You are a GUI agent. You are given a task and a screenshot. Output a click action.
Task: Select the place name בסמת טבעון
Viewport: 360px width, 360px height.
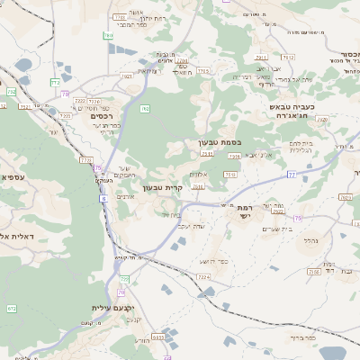point(220,142)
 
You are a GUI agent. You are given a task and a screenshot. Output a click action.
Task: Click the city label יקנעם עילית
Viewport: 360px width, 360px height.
point(112,308)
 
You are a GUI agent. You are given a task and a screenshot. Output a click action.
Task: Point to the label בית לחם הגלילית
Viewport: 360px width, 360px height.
point(301,146)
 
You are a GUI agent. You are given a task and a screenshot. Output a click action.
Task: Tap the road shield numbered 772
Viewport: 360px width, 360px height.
point(12,91)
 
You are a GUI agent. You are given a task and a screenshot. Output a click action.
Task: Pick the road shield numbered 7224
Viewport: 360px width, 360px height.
point(202,277)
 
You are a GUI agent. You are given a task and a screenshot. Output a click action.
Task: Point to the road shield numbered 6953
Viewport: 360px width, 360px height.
point(158,337)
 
